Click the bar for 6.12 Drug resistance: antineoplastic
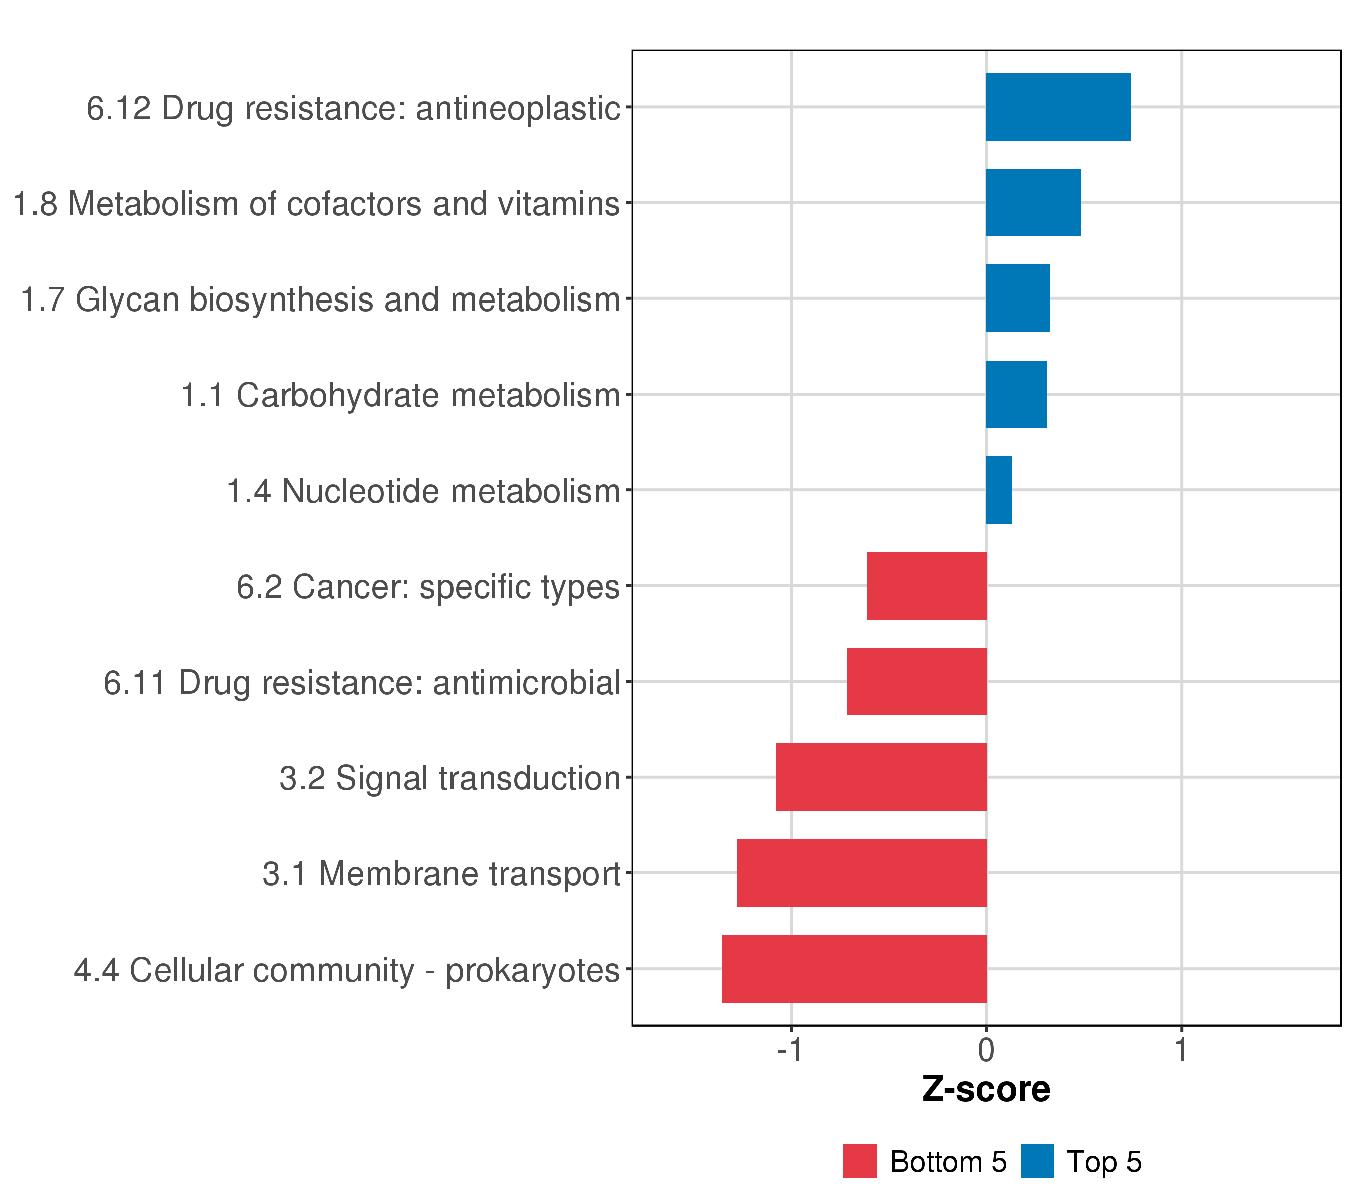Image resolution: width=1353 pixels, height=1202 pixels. point(1058,107)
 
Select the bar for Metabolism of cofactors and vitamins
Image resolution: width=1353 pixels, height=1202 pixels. point(1033,202)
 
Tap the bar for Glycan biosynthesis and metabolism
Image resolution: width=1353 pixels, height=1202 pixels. point(1017,298)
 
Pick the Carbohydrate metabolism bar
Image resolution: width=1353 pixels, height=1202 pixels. point(1016,394)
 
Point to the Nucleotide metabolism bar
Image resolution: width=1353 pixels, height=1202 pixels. point(998,490)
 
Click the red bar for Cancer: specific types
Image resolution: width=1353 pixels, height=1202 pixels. point(927,585)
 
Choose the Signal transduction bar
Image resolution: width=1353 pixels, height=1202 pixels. point(880,777)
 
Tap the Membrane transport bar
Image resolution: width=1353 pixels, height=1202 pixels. point(861,873)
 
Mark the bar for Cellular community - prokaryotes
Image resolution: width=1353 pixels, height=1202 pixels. point(854,969)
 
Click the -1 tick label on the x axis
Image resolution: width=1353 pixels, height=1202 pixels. point(790,1051)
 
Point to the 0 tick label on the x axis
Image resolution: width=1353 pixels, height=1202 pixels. point(986,1051)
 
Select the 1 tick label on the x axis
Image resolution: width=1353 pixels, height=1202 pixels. point(1181,1051)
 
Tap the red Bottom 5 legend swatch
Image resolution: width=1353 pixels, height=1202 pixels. point(860,1161)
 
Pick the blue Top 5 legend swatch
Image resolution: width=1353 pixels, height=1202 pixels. point(1037,1161)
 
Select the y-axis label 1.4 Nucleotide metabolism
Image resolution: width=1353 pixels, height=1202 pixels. point(423,491)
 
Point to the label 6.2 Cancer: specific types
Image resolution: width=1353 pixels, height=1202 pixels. point(427,587)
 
